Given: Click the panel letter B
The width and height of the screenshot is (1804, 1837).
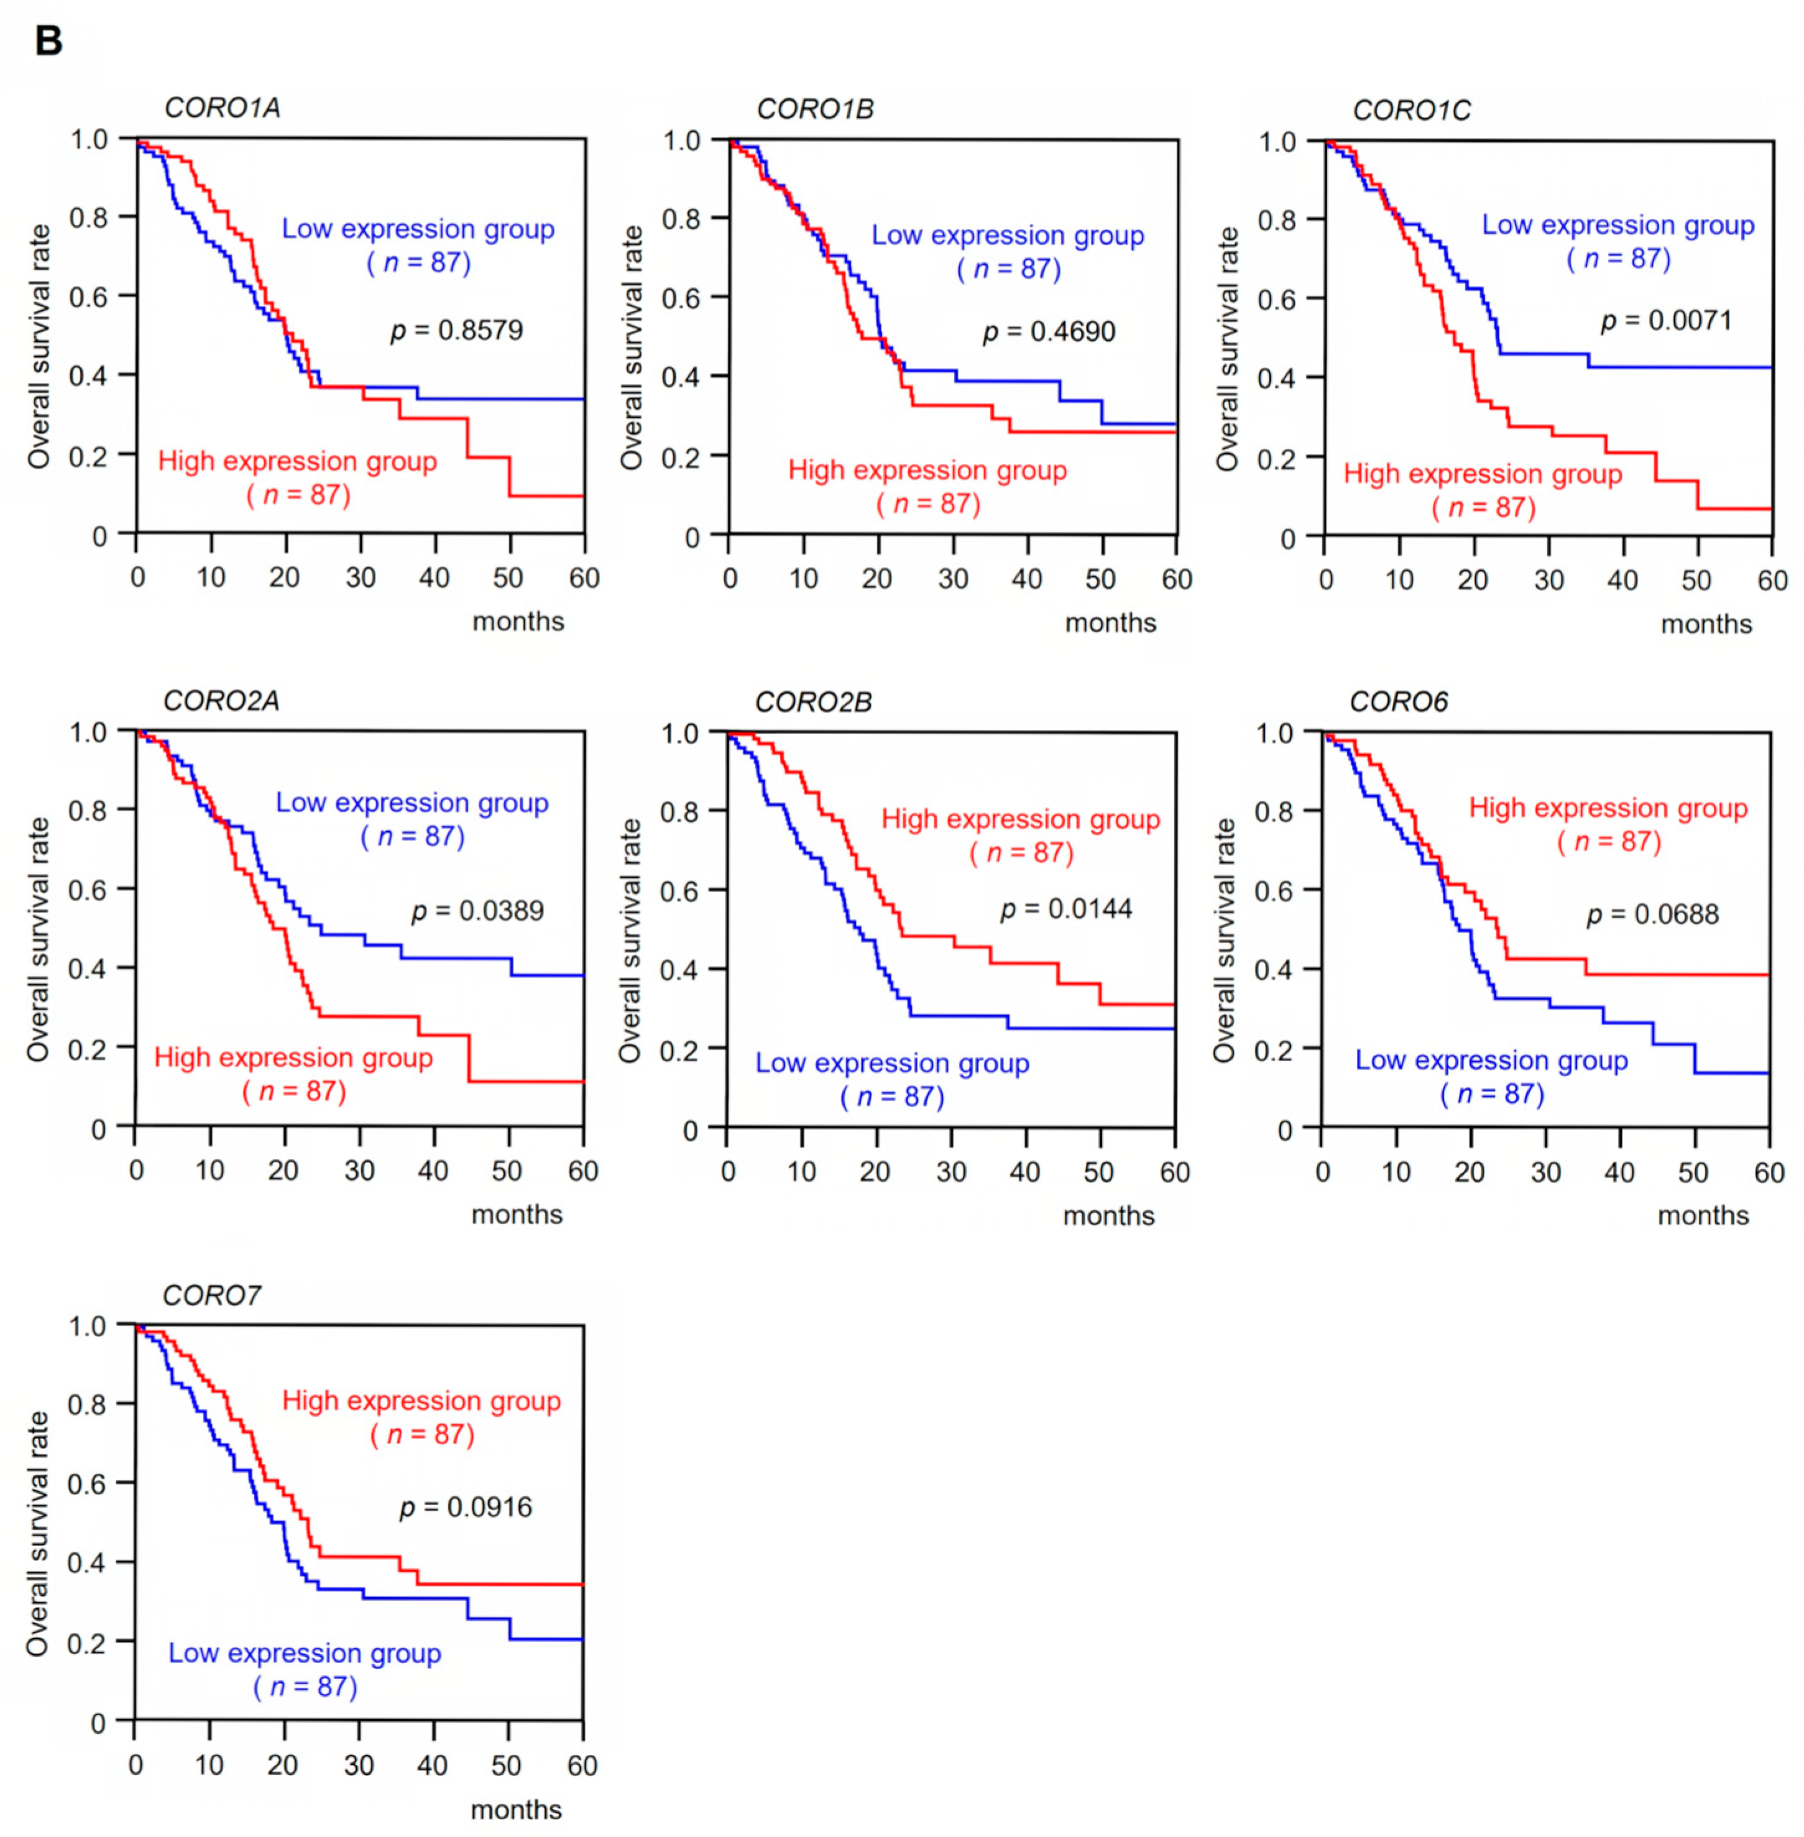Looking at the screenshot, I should pos(48,41).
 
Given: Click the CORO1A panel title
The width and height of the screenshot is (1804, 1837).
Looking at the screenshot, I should pos(222,108).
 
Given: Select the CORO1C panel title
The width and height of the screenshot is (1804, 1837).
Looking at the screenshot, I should pos(1411,111).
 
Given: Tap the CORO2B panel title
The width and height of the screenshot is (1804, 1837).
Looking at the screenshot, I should pos(813,702).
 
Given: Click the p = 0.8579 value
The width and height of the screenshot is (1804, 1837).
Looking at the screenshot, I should pos(457,331).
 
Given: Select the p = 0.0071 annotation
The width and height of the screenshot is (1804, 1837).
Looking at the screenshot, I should pos(1665,321).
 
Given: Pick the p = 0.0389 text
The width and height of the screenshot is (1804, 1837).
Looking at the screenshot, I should pos(477,911).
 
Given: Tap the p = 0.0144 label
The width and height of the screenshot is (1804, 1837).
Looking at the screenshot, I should pos(1066,909).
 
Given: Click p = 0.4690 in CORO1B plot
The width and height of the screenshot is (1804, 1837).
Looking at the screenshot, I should pos(1049,331).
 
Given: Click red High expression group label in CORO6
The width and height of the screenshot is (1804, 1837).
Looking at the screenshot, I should pos(1608,808).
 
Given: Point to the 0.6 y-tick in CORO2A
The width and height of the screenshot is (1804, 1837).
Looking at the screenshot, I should pos(88,890).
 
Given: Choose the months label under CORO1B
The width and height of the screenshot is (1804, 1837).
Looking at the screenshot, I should pos(1110,624).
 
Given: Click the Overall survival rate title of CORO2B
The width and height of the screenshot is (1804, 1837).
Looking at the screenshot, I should pos(630,940).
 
